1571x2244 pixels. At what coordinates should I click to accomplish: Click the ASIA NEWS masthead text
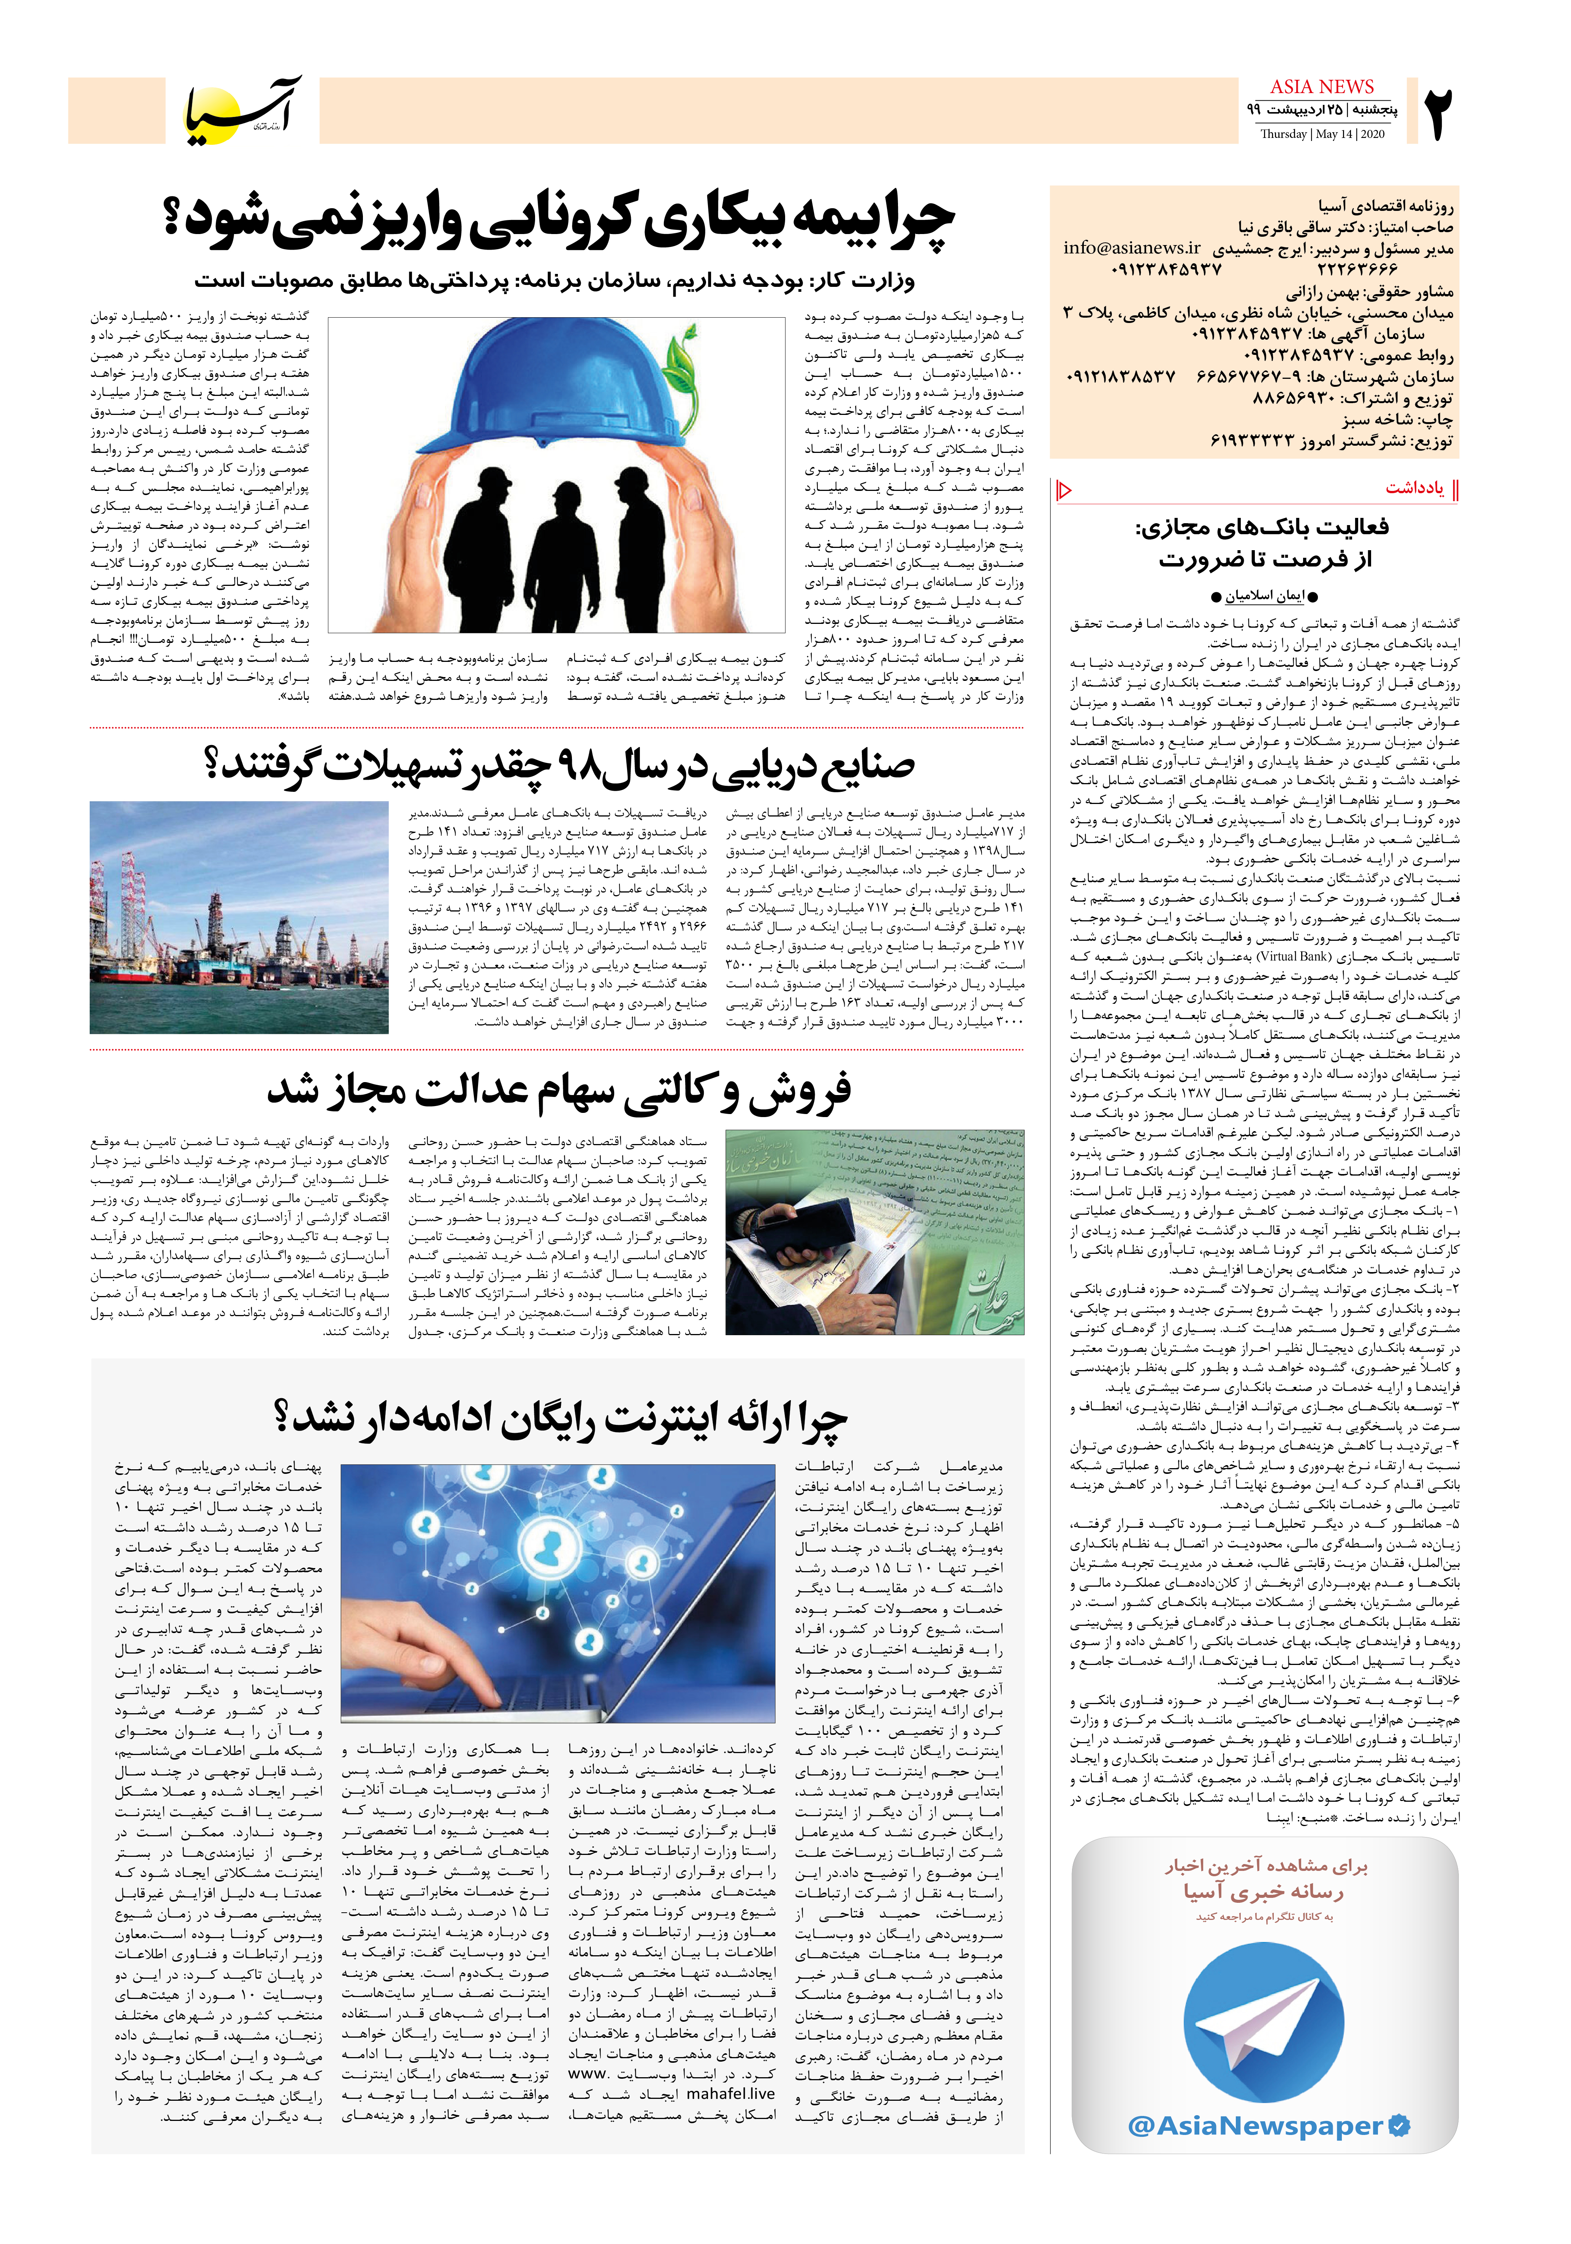[x=1322, y=87]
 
